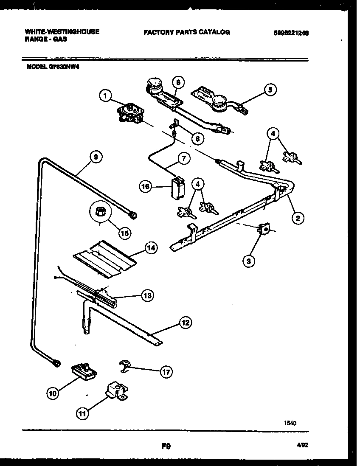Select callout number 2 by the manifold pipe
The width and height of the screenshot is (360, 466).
pyautogui.click(x=298, y=219)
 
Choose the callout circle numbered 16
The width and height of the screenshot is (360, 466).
pyautogui.click(x=146, y=185)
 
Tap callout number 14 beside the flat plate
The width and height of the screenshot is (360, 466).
pyautogui.click(x=149, y=249)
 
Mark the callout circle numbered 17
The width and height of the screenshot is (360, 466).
pyautogui.click(x=166, y=372)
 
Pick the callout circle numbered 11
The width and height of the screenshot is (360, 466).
pyautogui.click(x=83, y=412)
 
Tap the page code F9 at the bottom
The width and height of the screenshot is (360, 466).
pyautogui.click(x=166, y=446)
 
